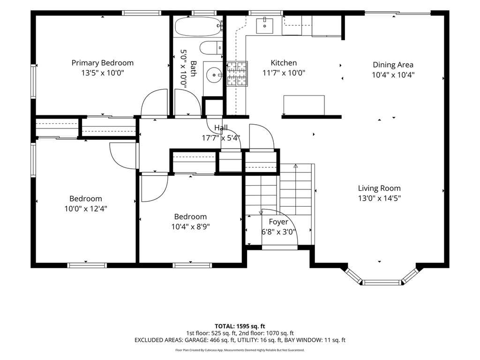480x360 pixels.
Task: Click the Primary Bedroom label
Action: click(x=103, y=63)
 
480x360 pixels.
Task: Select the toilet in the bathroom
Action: click(x=211, y=47)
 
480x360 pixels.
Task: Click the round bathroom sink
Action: click(x=213, y=75)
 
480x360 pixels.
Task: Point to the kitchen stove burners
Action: click(x=237, y=74)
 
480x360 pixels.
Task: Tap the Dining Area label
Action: click(x=393, y=65)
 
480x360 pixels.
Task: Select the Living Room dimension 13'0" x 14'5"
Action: click(x=379, y=198)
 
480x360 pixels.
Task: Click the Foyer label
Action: click(x=278, y=222)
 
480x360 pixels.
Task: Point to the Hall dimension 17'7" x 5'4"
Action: click(x=221, y=138)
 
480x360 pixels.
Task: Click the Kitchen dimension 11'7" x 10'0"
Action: click(x=284, y=73)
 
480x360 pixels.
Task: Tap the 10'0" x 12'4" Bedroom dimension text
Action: click(x=86, y=209)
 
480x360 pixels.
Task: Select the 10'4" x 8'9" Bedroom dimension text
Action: click(x=190, y=227)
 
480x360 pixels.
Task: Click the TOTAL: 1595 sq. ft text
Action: click(x=240, y=326)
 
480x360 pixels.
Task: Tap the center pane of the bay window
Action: click(x=382, y=282)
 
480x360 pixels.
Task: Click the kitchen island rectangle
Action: click(x=304, y=105)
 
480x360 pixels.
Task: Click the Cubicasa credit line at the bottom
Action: click(x=240, y=350)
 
